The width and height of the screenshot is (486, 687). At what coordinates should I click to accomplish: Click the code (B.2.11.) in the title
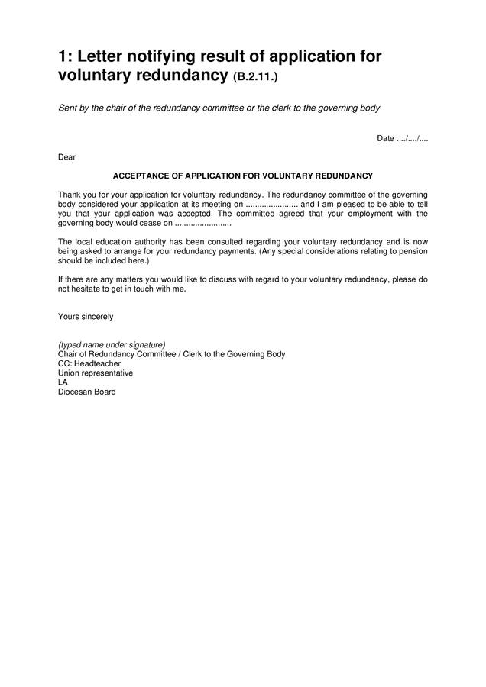pos(260,78)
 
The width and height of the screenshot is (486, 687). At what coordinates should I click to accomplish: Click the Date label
pos(385,138)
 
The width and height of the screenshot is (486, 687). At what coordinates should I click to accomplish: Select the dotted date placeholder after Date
pos(413,138)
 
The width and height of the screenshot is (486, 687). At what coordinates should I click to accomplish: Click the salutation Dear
pos(66,157)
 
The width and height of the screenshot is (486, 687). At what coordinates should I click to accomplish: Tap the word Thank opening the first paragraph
pos(70,195)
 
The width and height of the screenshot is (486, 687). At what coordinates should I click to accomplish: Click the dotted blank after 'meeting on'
pos(272,205)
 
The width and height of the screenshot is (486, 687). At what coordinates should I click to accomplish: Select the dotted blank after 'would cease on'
pos(202,224)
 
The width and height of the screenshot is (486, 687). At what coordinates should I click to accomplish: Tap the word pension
pos(413,251)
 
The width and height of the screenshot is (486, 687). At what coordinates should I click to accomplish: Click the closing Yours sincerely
pos(86,316)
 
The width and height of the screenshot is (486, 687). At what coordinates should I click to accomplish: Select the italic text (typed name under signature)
pos(112,344)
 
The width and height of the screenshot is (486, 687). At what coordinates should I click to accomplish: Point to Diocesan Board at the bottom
pos(87,392)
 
